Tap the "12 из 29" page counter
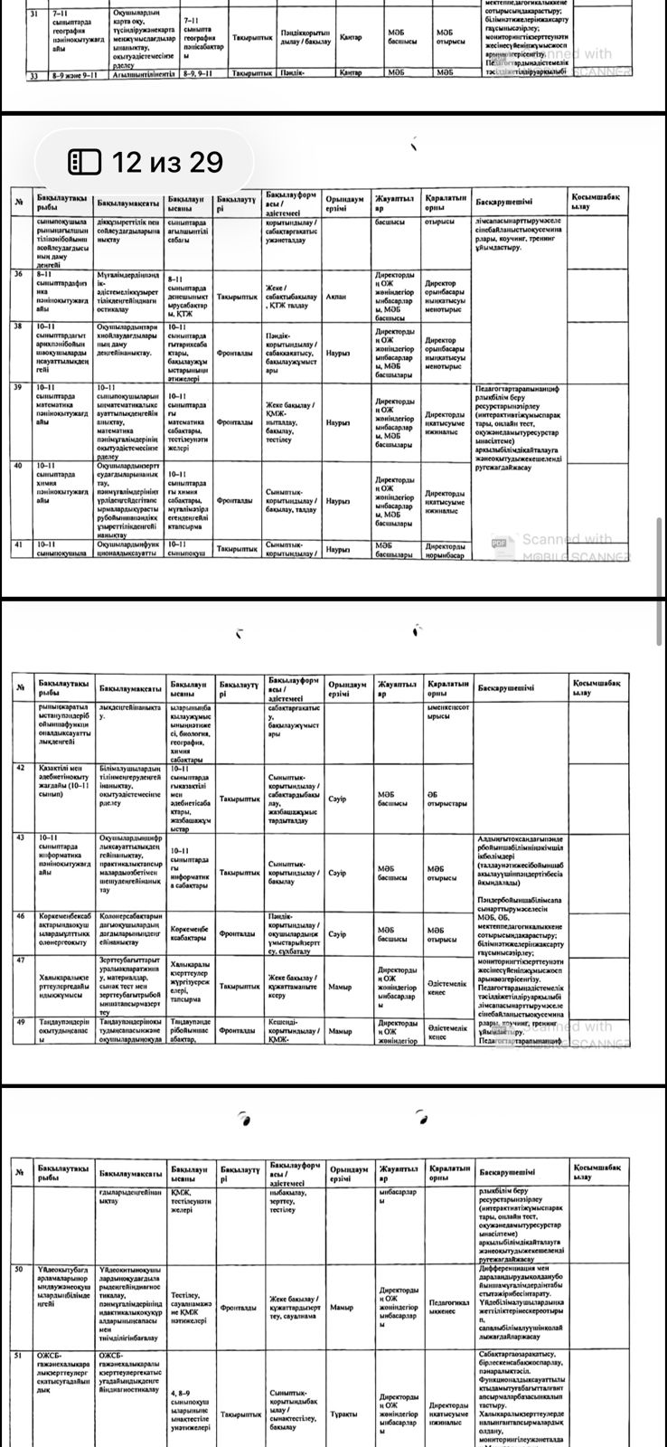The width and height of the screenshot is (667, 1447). click(x=166, y=162)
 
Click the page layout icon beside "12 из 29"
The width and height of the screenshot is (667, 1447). click(x=85, y=162)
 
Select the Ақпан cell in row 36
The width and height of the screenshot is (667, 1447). click(x=336, y=296)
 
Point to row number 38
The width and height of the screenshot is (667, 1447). click(x=17, y=326)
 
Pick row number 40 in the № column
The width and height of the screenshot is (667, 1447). click(x=17, y=466)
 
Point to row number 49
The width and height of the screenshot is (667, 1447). click(x=19, y=1021)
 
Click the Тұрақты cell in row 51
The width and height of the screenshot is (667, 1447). click(x=343, y=1438)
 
